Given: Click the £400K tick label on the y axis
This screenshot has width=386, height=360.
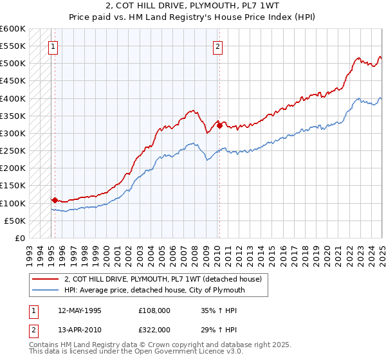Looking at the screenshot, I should click(x=13, y=98).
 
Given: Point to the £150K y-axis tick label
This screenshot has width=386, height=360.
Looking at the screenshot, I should click(x=13, y=186).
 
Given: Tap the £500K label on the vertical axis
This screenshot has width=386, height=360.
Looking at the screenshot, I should click(x=13, y=64).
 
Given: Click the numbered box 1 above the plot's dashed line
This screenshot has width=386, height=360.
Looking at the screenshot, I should click(x=52, y=46).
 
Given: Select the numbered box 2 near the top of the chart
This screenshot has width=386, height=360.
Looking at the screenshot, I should click(x=218, y=46).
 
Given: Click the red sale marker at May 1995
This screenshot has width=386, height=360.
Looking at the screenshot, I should click(x=55, y=200).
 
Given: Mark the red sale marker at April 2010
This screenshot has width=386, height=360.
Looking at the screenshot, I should click(x=219, y=125).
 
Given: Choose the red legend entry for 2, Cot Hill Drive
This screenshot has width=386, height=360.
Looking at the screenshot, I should click(x=163, y=279).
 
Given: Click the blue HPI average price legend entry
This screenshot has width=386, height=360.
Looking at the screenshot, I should click(x=154, y=290).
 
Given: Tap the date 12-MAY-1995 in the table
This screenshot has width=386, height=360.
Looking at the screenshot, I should click(x=79, y=310).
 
